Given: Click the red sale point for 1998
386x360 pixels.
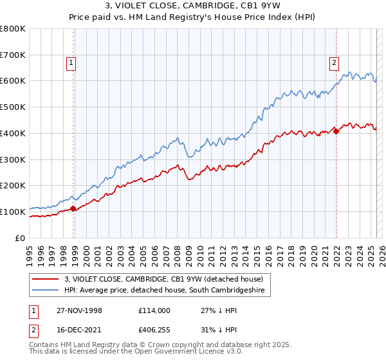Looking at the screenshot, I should pos(73,208).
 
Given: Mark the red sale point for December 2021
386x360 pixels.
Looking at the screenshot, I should pos(336,132).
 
